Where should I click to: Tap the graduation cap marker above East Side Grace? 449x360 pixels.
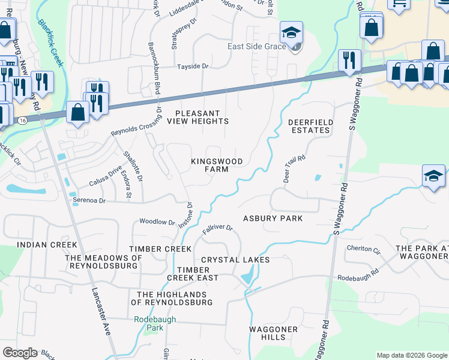pos(292,33)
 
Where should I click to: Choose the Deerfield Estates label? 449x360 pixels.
pos(309,126)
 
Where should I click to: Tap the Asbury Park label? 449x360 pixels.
pos(273,218)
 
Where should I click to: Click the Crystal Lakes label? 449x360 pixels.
pos(235,260)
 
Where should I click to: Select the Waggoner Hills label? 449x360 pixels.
pos(274,334)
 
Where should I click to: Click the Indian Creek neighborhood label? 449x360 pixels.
pos(47,245)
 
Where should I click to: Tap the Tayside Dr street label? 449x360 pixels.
pos(191,66)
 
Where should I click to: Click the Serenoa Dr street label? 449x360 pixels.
pos(89,200)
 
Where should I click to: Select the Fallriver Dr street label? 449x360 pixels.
pos(218,229)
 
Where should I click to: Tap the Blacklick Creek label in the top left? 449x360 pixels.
pos(50,43)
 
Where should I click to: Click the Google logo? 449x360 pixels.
pos(20,353)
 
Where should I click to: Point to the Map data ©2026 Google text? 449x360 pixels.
pos(411,355)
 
